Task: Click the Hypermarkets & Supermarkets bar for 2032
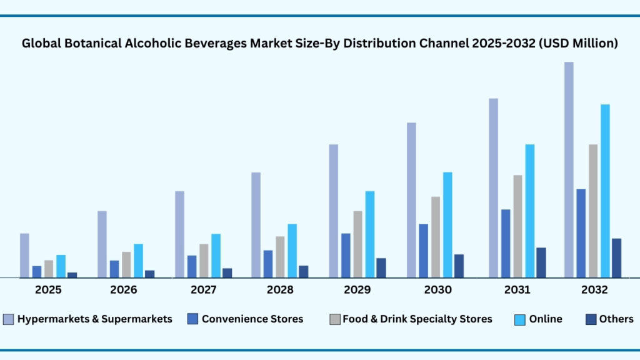569,169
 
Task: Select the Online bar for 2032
605,191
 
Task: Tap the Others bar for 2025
72,274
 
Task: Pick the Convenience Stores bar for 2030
423,250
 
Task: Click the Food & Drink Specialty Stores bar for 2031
518,226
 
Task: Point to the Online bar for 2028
292,250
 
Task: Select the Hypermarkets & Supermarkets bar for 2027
179,234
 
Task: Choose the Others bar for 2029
381,267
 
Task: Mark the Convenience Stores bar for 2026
114,269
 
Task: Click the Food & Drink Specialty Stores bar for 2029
358,244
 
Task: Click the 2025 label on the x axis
48,290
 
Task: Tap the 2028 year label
281,290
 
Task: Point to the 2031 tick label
517,290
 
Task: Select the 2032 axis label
594,290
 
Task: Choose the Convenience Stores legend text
252,319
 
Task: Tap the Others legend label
616,319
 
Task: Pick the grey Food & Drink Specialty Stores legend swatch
334,319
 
